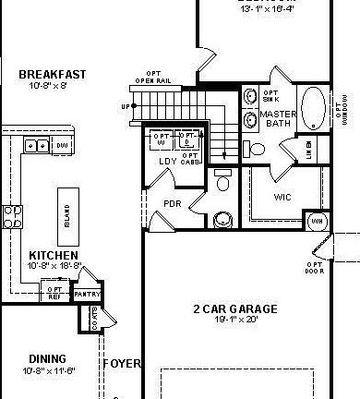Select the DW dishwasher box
63,144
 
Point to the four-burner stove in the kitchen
12,215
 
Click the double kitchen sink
38,144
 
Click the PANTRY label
86,294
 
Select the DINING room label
46,359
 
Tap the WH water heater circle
316,222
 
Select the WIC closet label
283,197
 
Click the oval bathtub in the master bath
312,106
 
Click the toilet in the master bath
258,149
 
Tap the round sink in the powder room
222,220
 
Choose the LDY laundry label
167,162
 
